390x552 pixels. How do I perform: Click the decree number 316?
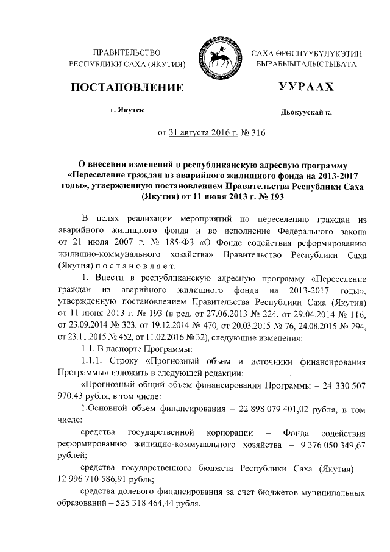[x=257, y=132]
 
